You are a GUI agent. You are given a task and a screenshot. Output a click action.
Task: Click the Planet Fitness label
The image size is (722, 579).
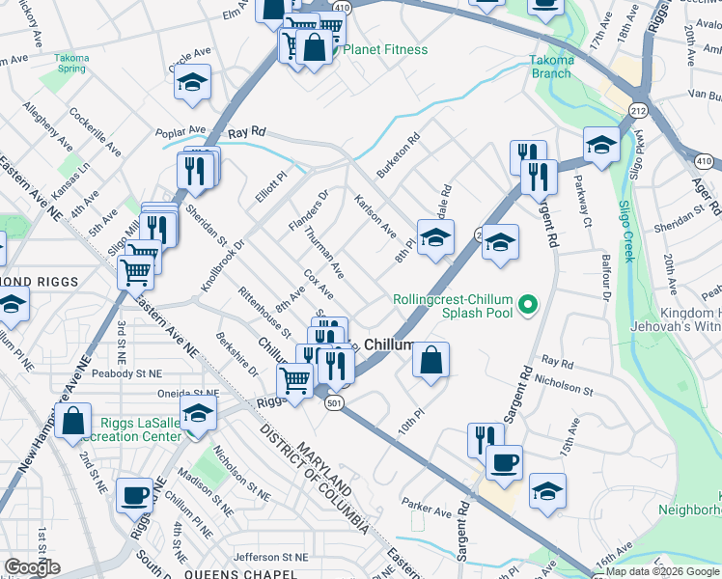385,49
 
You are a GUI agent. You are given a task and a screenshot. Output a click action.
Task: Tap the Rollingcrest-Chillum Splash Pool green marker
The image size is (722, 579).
526,307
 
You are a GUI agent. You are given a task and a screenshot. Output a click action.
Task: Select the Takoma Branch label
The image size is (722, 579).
551,66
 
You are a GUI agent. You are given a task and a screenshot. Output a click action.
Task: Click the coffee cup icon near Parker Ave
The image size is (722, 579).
503,462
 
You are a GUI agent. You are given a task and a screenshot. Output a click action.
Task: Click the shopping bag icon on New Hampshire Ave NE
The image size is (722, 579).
72,421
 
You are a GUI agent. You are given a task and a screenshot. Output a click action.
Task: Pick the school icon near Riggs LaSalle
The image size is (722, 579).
198,414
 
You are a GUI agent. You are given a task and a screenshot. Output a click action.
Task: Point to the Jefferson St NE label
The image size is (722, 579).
270,557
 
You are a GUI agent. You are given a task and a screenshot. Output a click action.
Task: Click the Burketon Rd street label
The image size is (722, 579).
399,153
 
